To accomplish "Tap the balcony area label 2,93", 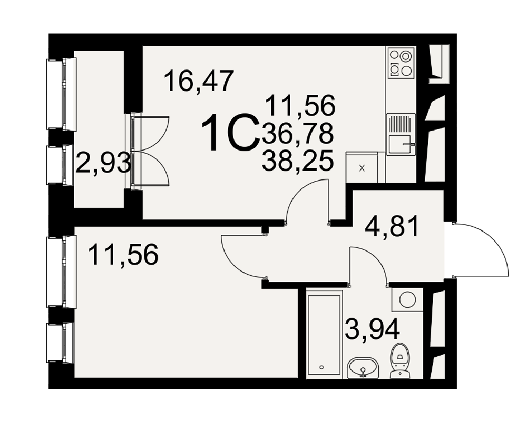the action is [103, 162].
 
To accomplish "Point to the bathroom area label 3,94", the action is [373, 329].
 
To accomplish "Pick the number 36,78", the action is [298, 133].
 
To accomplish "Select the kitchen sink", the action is [401, 134].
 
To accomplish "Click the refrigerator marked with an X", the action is [362, 167].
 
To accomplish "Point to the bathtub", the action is [324, 336].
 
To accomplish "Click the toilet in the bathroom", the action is [400, 361].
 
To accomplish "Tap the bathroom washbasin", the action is [363, 368].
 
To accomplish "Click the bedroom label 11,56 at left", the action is [123, 255].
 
